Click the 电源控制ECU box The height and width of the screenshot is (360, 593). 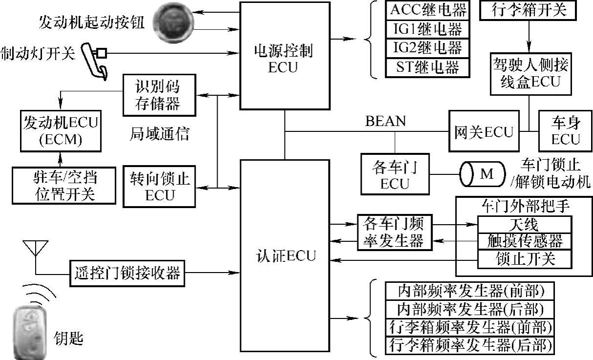[x=284, y=56]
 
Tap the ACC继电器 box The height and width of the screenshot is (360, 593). [x=428, y=10]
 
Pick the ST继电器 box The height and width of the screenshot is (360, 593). [x=428, y=67]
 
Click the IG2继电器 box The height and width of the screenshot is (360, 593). [x=428, y=48]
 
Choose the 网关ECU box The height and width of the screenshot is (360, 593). [x=484, y=131]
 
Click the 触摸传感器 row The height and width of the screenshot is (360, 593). [x=524, y=241]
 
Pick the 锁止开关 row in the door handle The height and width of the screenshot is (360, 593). [x=524, y=258]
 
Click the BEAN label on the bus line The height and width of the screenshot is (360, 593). [x=385, y=121]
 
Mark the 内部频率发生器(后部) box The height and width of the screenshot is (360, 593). [x=470, y=309]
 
